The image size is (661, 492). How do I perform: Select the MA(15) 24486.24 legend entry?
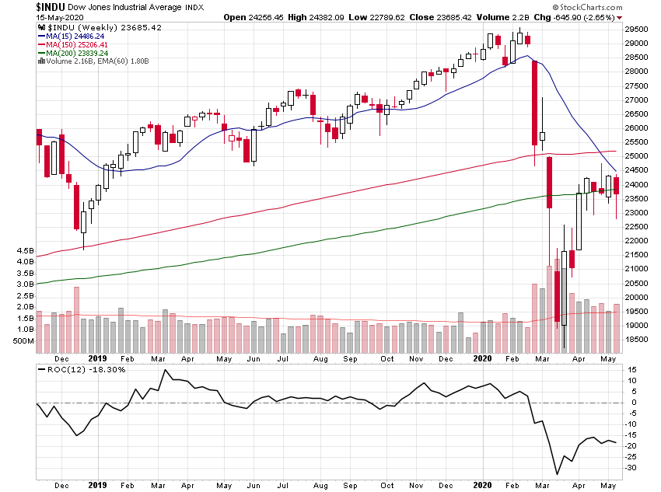click(x=75, y=35)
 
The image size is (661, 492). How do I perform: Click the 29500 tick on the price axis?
click(x=636, y=30)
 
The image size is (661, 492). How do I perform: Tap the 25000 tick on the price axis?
click(x=636, y=156)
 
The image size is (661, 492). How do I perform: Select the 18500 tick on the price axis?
click(x=636, y=340)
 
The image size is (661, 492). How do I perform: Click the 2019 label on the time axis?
click(x=97, y=359)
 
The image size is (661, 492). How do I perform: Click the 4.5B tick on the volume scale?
click(x=23, y=252)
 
